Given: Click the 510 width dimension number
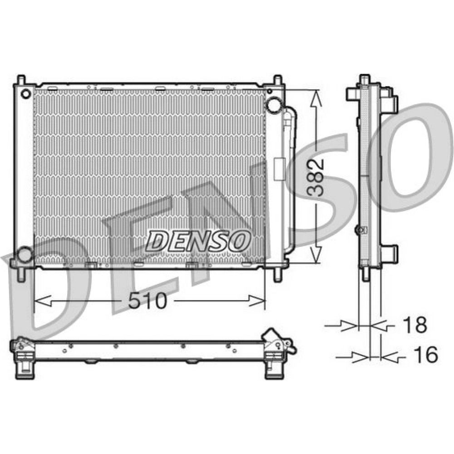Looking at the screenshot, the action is tap(148, 301).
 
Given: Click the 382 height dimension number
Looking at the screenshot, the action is tap(316, 178).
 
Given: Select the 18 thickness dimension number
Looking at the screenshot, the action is tap(415, 325).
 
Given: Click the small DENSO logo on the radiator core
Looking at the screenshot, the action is tap(198, 241).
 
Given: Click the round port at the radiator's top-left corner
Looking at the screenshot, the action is tap(26, 94).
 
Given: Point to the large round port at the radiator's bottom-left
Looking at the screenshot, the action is tap(25, 255).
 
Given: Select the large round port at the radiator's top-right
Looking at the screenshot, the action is tap(274, 105).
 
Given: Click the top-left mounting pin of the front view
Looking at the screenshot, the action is tap(21, 80).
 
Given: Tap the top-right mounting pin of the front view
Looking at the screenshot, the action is tap(277, 80).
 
